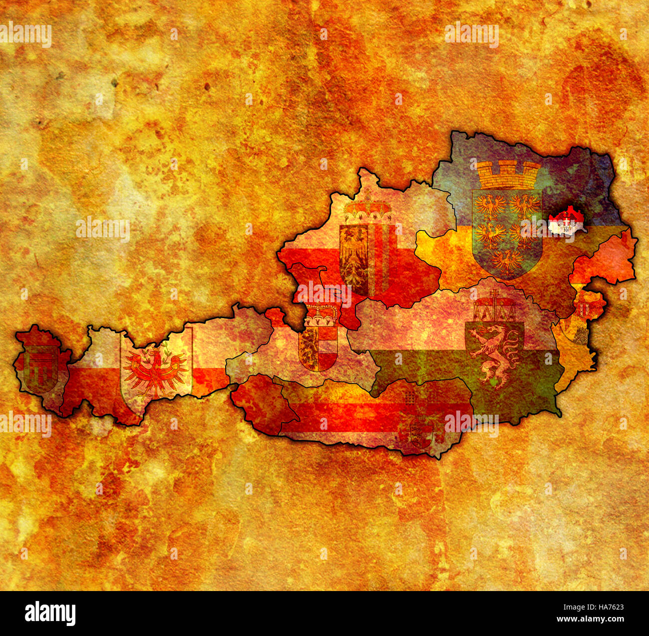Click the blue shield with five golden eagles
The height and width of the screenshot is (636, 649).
tap(507, 232)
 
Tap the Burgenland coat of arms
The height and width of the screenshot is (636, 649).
tap(582, 320)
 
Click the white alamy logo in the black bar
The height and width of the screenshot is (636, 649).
tap(50, 613)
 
